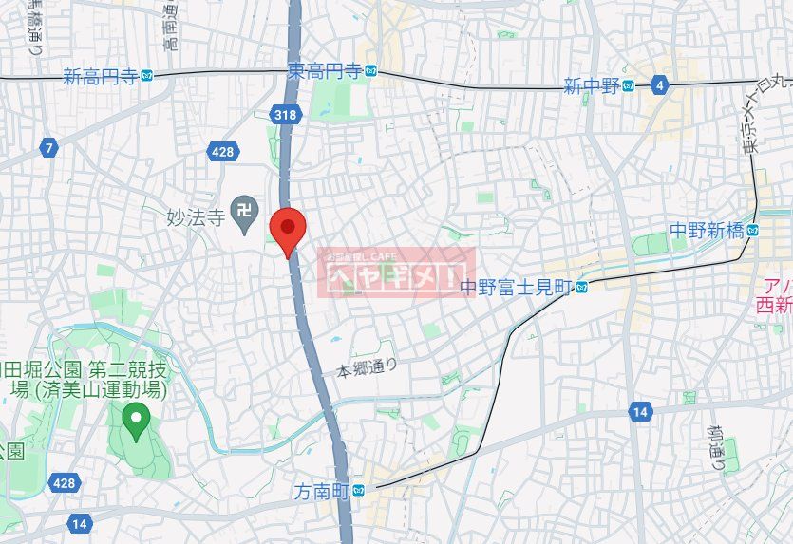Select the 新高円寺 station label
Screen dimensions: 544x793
[100, 76]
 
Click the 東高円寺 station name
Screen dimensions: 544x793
[325, 71]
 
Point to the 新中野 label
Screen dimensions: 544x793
[591, 86]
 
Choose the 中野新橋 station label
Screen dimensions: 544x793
[706, 230]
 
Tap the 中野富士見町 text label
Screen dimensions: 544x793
[517, 286]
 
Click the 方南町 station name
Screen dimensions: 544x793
[321, 491]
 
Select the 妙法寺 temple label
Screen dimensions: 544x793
[193, 217]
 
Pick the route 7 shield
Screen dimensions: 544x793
[48, 147]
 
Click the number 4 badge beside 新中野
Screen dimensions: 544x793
[659, 86]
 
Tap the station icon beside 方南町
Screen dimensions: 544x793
[358, 491]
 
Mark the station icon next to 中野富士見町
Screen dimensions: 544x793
[581, 286]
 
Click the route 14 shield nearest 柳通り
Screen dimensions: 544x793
[638, 410]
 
